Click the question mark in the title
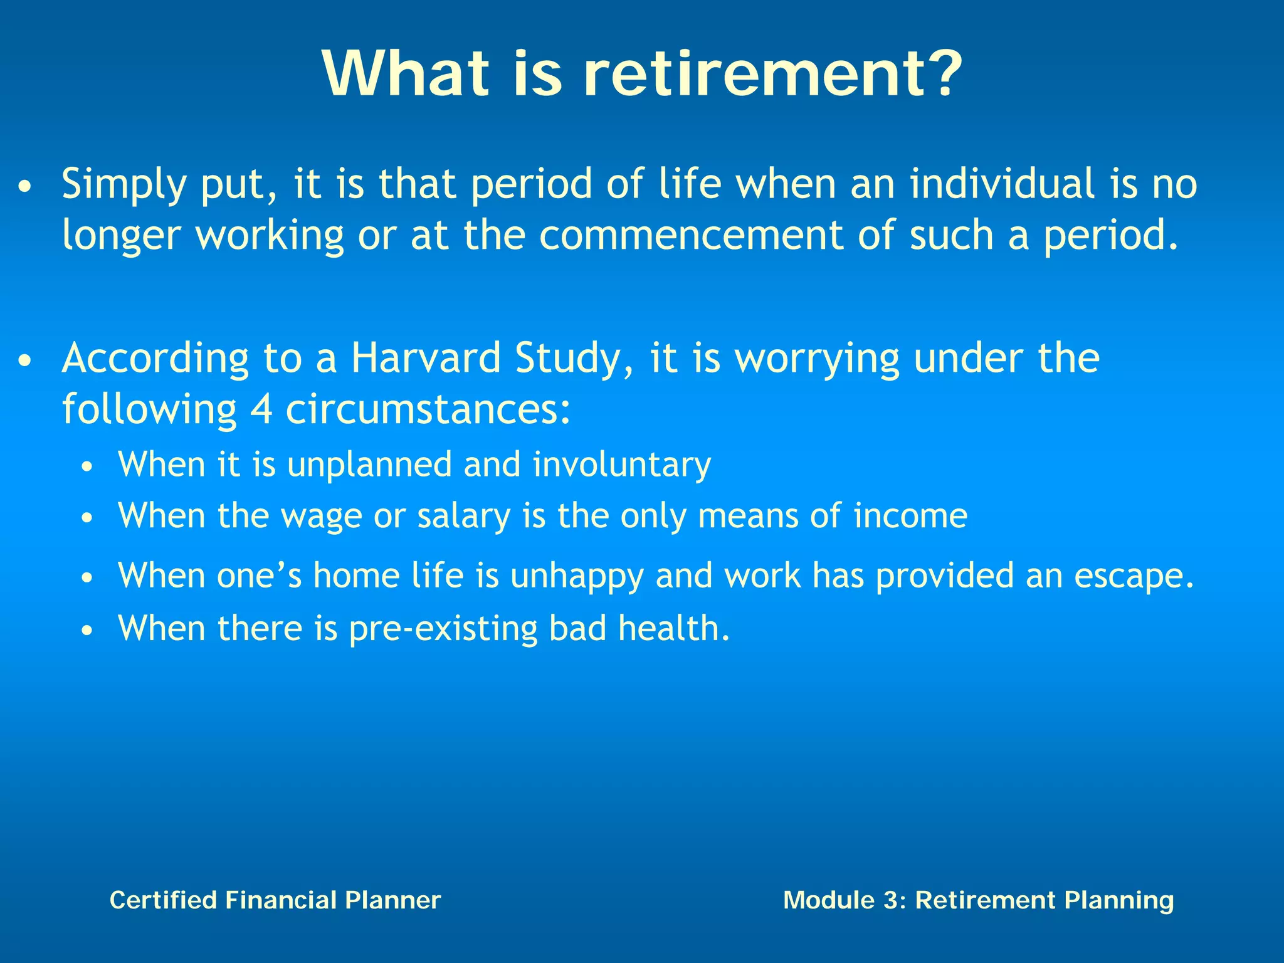937,74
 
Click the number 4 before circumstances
261,410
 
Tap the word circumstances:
428,410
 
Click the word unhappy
577,577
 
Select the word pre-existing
443,629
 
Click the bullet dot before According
24,362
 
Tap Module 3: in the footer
845,900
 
